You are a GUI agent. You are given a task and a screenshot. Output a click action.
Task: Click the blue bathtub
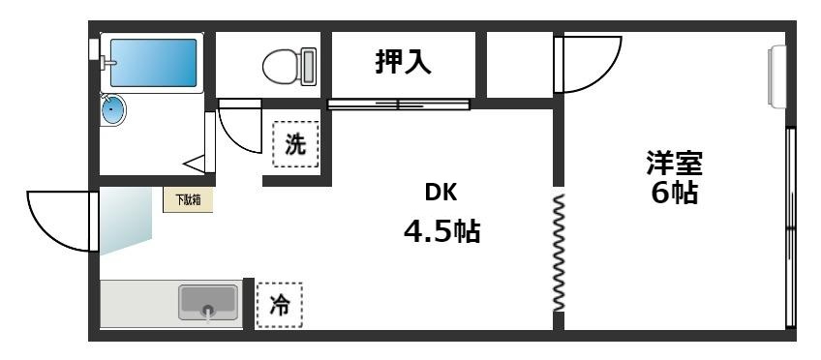tap(152, 63)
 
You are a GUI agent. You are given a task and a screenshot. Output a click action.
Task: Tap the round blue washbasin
tap(114, 109)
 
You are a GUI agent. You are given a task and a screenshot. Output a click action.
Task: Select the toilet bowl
tap(282, 66)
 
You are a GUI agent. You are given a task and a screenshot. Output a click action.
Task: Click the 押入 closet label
tap(404, 63)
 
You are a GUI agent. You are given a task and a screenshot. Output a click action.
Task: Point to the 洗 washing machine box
tap(295, 145)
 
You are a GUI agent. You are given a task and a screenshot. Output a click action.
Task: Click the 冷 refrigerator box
tap(279, 305)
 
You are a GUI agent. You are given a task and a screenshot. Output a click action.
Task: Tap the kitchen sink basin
tap(207, 303)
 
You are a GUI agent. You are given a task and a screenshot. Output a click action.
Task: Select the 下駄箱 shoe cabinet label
tap(187, 200)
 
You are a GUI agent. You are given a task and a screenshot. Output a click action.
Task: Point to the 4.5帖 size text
tap(441, 232)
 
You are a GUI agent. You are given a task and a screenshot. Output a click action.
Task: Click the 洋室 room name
tap(674, 162)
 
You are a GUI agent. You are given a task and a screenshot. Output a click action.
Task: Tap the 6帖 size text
tap(674, 193)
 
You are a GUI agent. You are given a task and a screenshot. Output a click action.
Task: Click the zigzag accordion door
tap(559, 252)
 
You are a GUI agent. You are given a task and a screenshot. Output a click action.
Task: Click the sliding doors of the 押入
tap(397, 104)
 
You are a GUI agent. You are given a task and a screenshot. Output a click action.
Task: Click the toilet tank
tap(309, 66)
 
